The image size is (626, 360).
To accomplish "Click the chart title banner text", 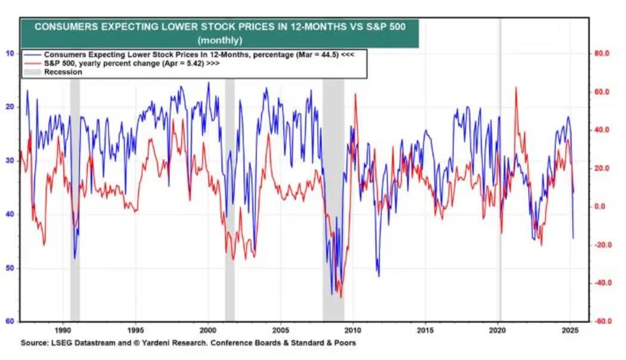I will (219, 27).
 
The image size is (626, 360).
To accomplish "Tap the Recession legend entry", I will (63, 72).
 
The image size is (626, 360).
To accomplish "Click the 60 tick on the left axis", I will (10, 321).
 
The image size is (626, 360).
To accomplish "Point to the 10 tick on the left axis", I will (10, 53).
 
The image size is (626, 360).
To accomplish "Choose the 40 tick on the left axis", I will (10, 214).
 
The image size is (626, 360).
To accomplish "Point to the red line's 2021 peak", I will (516, 88).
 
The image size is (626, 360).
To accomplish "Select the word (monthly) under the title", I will (219, 41).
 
